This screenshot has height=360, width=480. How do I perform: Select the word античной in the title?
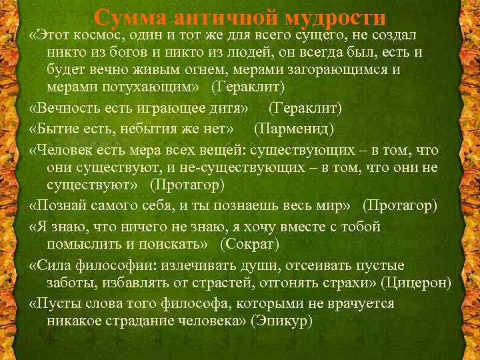click(220, 18)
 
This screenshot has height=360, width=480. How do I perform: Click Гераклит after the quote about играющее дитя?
click(305, 107)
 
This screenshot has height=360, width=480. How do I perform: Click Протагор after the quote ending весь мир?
click(399, 204)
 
